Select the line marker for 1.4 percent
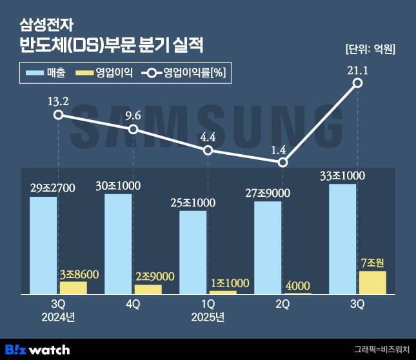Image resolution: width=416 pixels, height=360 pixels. pos(282,163)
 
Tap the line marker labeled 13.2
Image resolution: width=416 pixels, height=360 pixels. pos(59,115)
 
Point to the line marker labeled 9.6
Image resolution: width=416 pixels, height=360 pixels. pos(134,130)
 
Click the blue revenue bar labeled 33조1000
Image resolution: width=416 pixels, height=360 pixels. pos(342,239)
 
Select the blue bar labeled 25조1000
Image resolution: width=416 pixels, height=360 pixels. pos(192,252)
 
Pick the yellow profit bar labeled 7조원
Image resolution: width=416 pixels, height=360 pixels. pos(372,283)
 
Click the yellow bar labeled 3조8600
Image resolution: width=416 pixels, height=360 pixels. pos(73,288)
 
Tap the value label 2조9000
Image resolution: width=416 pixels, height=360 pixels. pos(148,276)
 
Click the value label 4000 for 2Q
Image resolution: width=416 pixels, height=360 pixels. pos(297,285)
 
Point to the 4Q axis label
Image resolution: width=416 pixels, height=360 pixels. pos(134,303)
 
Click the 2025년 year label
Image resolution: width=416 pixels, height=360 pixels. pos(208,316)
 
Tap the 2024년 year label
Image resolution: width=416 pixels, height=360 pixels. pos(58,316)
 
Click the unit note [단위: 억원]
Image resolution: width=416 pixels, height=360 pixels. pos(371,48)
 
